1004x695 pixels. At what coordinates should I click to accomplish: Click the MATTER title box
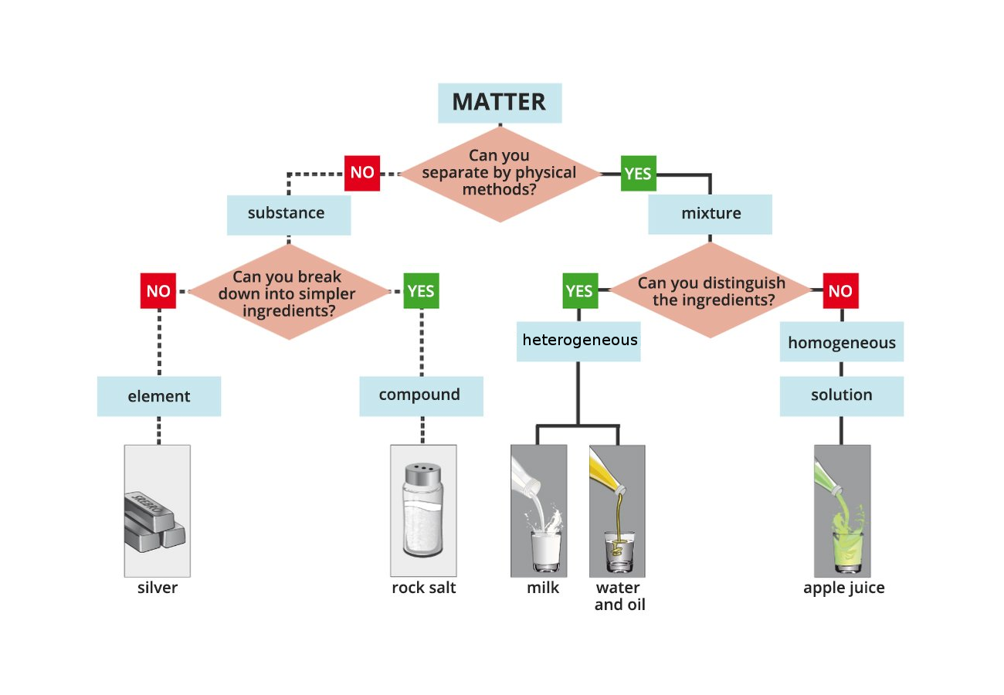click(x=500, y=103)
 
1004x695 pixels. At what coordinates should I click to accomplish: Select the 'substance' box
click(x=288, y=214)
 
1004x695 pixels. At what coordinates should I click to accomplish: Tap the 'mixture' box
click(x=710, y=214)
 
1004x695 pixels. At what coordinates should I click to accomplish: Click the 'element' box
click(x=159, y=396)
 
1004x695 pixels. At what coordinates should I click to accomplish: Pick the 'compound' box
click(x=421, y=395)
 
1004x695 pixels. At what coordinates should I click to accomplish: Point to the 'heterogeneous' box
click(x=579, y=341)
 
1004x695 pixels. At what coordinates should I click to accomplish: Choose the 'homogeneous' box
click(x=841, y=343)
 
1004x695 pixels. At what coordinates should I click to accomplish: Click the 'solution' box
click(x=841, y=395)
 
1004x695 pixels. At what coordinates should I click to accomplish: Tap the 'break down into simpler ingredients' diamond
click(x=287, y=293)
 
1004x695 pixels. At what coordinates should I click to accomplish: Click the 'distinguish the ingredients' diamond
click(x=711, y=291)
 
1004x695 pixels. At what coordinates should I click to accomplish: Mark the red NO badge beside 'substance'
click(x=362, y=173)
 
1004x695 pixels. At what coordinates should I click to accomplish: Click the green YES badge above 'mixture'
click(x=638, y=174)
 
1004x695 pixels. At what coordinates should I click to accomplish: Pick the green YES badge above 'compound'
click(x=421, y=291)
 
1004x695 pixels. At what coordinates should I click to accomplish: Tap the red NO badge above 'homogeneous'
click(x=840, y=291)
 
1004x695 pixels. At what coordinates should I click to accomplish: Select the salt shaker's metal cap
click(x=422, y=474)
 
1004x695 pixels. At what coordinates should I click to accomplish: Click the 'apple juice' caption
click(x=843, y=588)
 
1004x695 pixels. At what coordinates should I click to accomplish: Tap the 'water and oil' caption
click(x=619, y=596)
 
